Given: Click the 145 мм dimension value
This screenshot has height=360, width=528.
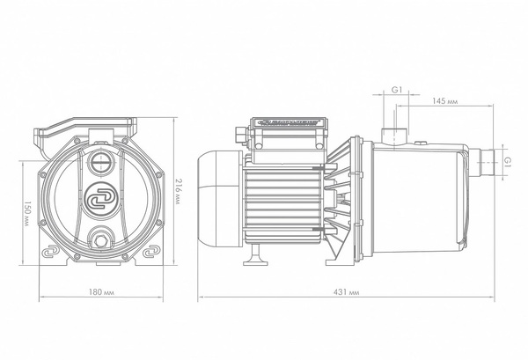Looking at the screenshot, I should coord(444,102).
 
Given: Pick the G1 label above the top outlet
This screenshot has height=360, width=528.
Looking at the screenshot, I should coord(397,91).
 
